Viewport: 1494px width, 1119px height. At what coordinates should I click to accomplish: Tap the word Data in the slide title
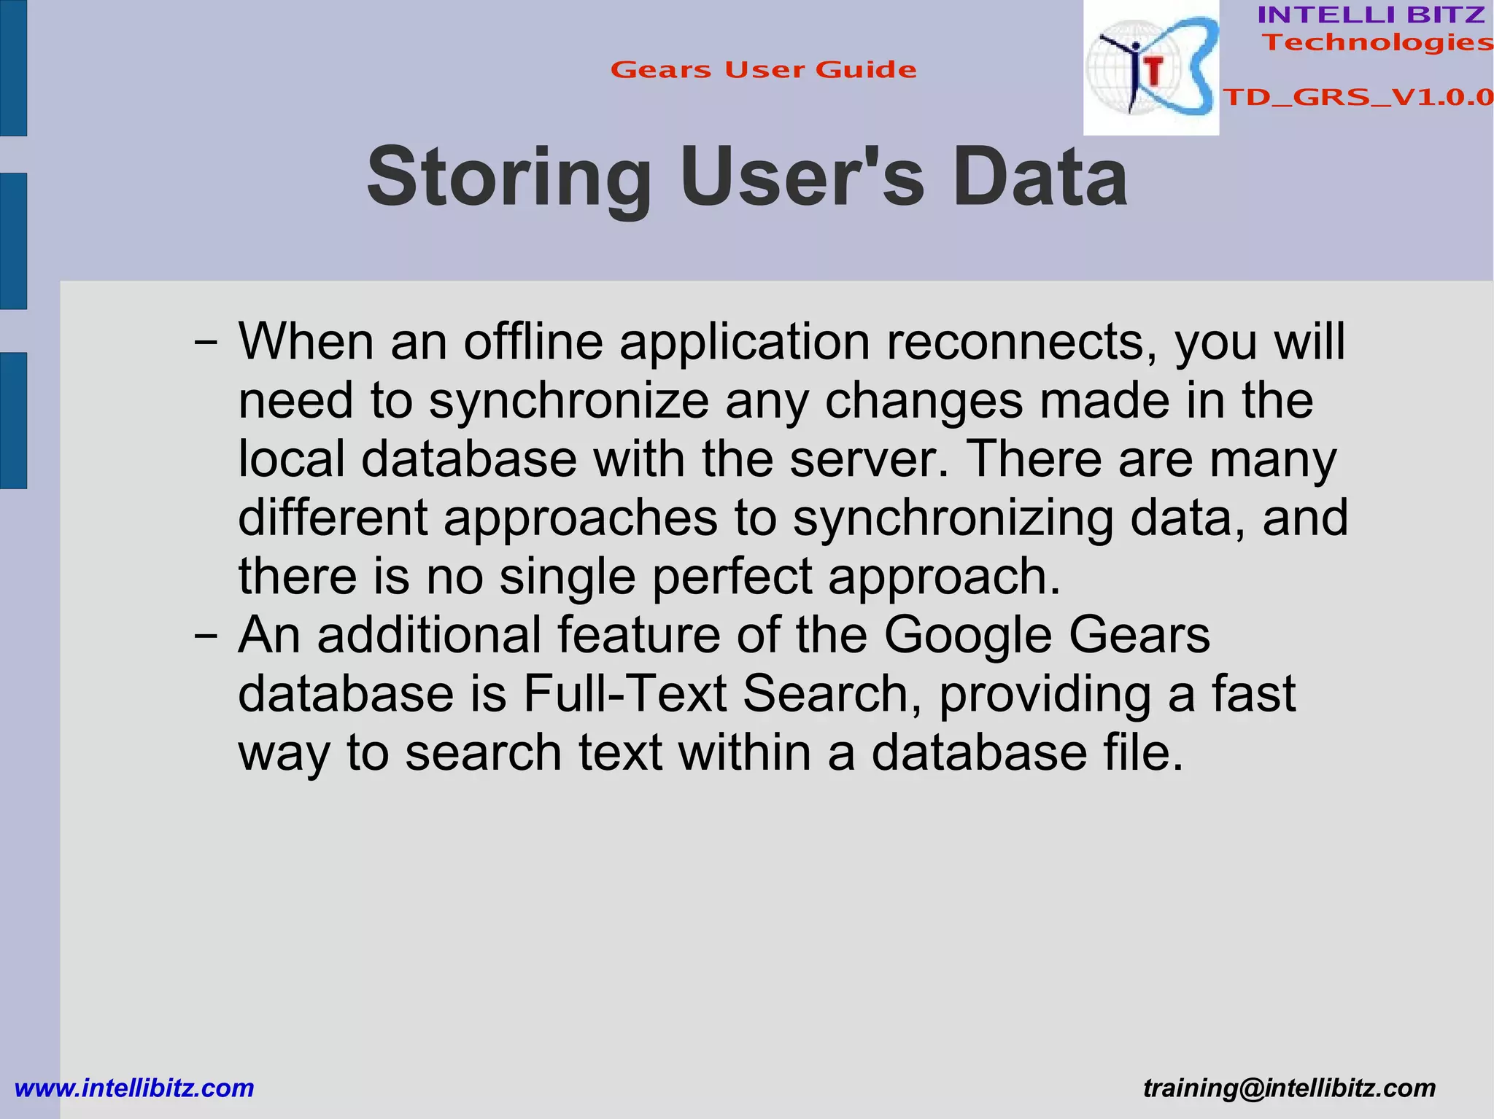[1040, 178]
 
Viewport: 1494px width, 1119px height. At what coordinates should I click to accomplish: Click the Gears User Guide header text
[763, 70]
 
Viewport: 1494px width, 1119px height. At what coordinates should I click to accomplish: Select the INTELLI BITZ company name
[1371, 15]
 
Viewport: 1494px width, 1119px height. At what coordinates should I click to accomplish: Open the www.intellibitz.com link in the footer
[134, 1088]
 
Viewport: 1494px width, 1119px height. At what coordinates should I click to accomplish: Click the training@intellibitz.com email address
[1289, 1088]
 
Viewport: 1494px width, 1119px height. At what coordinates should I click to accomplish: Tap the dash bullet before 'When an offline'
[206, 342]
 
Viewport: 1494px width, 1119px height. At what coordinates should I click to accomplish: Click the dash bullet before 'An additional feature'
[206, 635]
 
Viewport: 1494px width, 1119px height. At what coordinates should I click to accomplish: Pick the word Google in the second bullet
[968, 635]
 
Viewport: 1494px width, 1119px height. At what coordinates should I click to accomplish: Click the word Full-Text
[625, 693]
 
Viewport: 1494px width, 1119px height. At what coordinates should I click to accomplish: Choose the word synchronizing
[953, 519]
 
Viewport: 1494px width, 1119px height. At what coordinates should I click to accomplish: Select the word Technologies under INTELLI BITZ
[1377, 42]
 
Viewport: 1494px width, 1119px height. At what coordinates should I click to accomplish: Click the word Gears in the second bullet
[1139, 635]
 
